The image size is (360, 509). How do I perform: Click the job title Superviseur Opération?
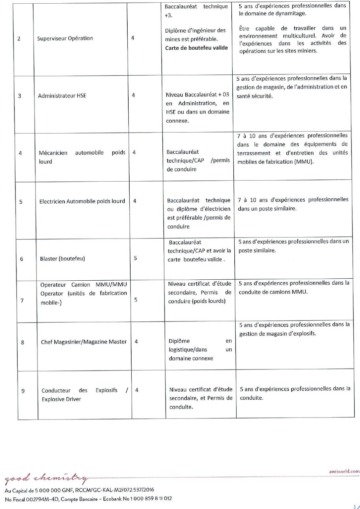point(65,38)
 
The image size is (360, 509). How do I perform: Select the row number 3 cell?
point(20,96)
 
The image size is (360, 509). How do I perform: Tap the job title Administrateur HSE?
point(62,96)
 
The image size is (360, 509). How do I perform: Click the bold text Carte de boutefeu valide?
point(197,48)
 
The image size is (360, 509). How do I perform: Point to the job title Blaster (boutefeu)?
point(62,258)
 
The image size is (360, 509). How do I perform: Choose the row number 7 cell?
point(22,301)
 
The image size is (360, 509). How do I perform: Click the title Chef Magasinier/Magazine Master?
point(84,342)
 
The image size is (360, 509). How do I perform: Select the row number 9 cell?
point(23,391)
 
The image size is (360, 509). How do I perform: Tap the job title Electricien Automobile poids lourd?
point(82,201)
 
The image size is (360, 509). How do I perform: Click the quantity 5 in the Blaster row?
point(135,258)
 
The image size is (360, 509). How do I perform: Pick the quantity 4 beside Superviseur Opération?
point(133,38)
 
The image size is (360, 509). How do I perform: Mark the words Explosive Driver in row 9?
point(61,399)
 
